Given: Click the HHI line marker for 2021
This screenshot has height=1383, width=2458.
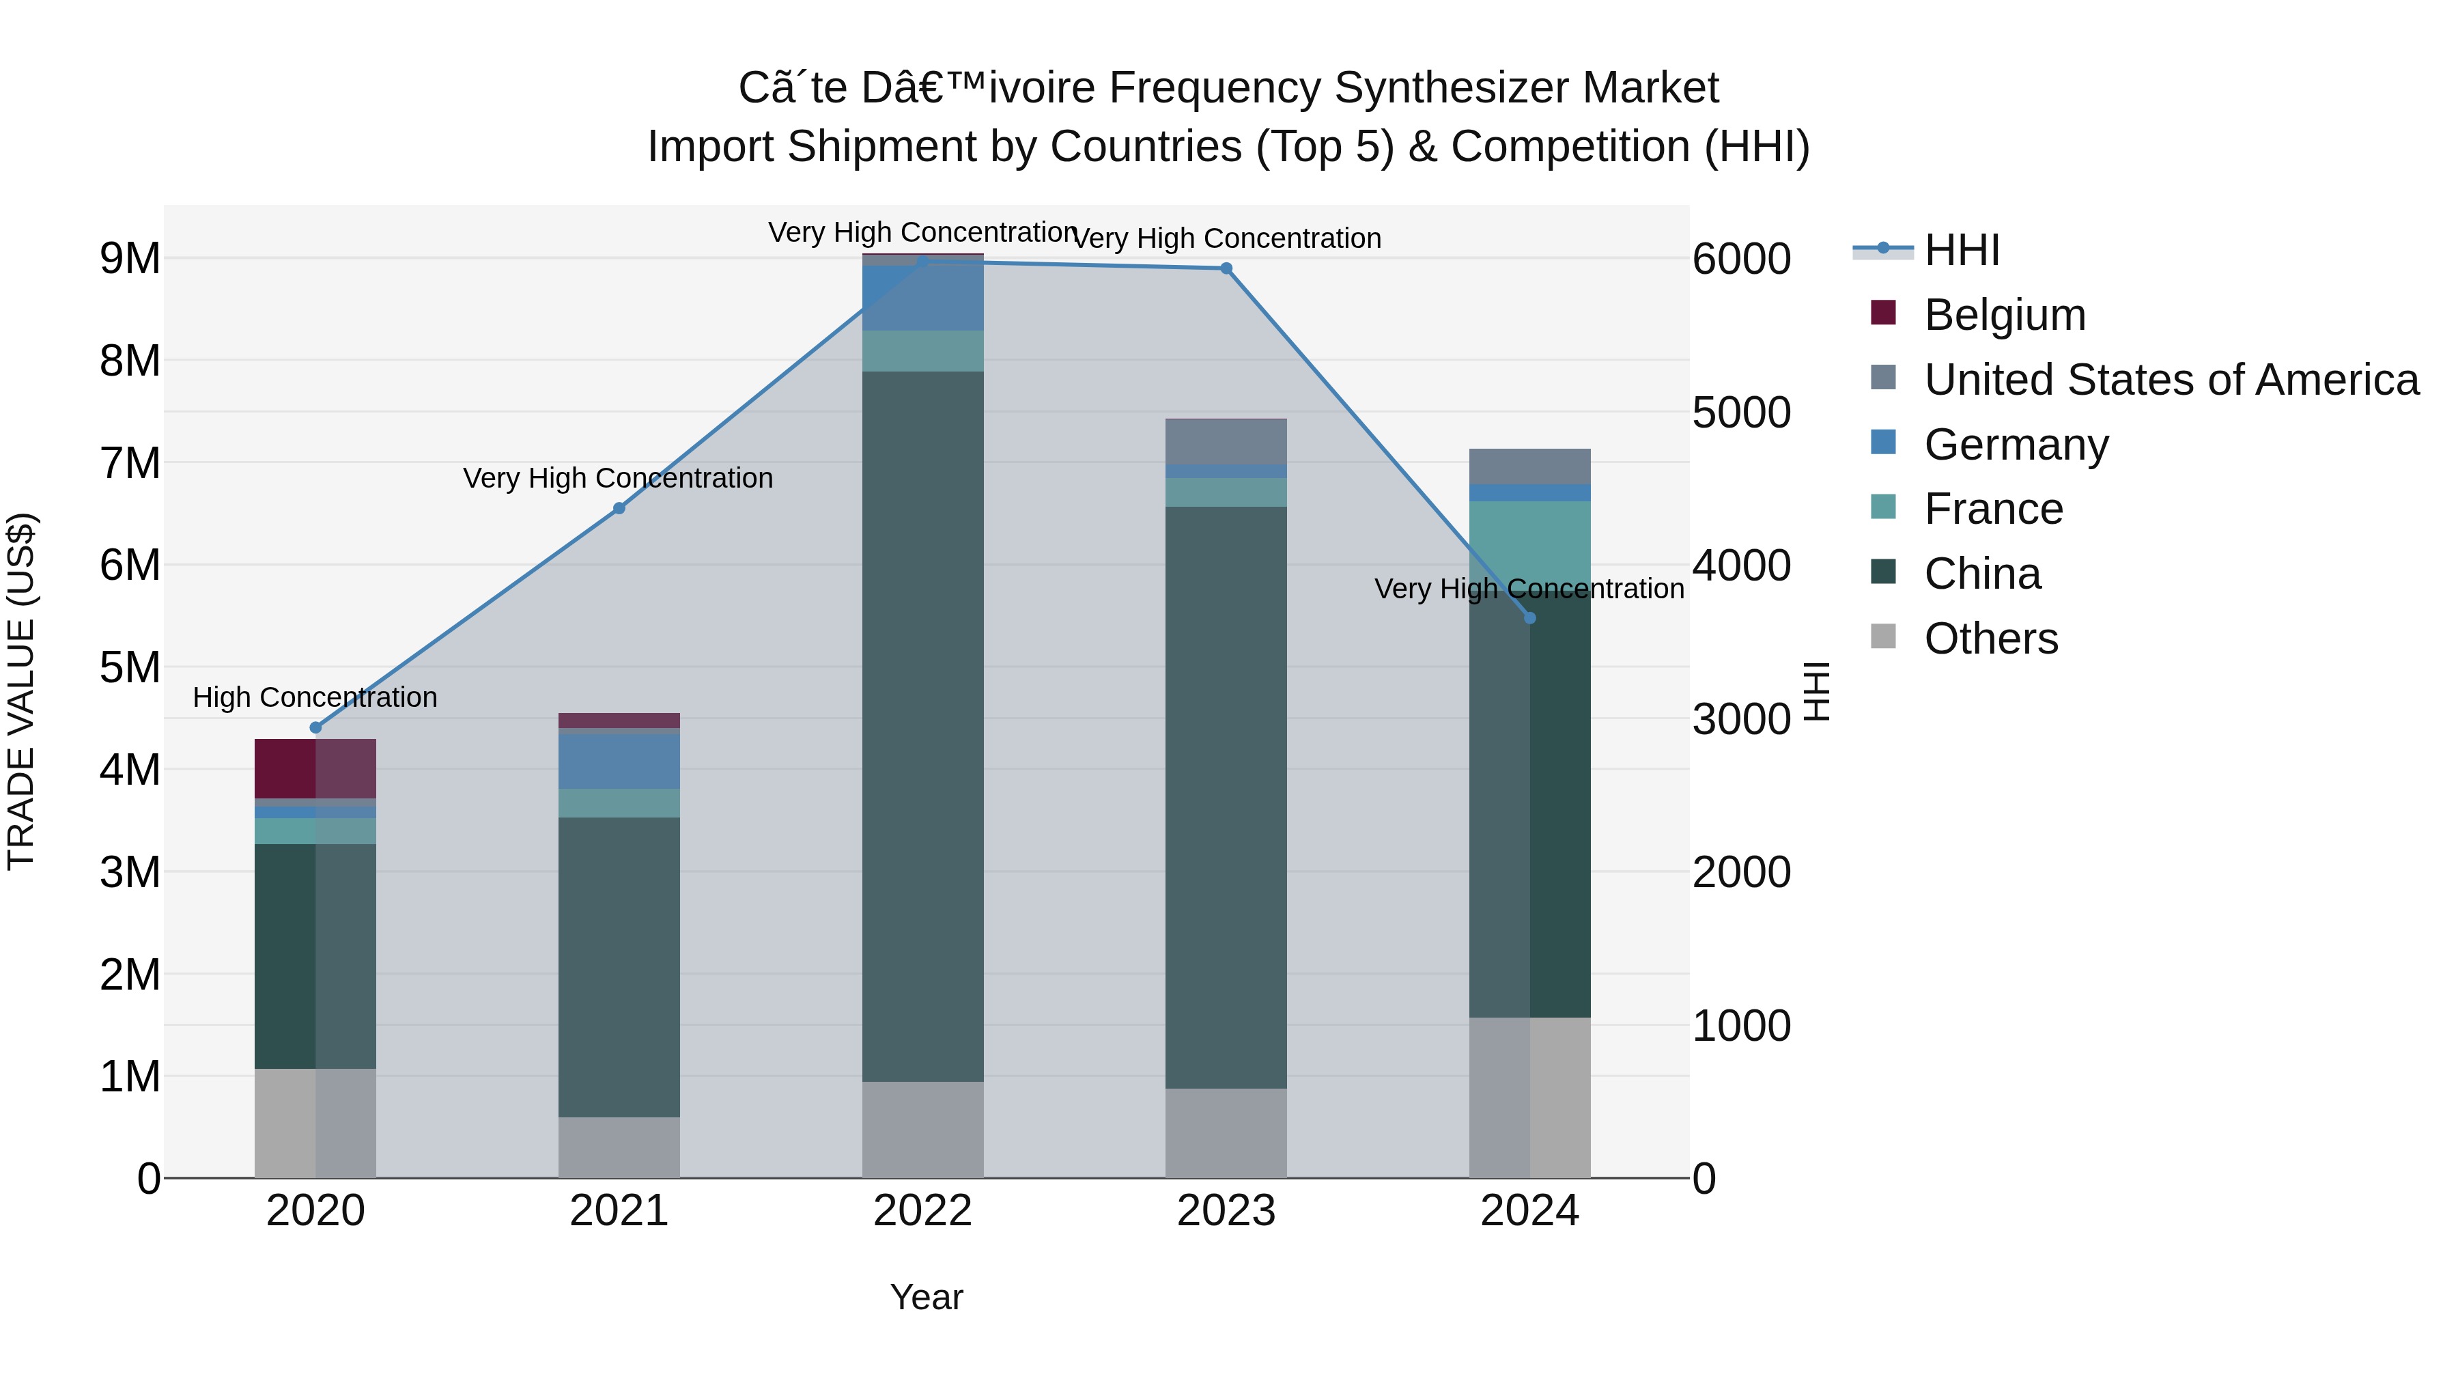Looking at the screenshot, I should coord(619,509).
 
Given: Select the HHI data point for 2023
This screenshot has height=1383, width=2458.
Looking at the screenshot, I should coord(1226,268).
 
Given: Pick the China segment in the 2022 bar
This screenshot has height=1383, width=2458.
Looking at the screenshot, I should coord(922,725).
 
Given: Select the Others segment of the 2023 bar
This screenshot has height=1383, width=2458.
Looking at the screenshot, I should coord(1226,1133).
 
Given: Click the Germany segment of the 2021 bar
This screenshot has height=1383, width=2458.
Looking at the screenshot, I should coord(619,761).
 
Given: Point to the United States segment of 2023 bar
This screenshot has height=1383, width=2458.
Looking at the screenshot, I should coord(1226,442).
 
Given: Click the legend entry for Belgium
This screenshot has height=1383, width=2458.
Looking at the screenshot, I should coord(2004,315).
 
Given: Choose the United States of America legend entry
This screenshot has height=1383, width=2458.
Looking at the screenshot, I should coord(2171,380).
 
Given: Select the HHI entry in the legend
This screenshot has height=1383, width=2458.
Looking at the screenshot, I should coord(1961,250).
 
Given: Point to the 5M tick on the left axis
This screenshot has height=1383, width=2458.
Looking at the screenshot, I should coord(130,667).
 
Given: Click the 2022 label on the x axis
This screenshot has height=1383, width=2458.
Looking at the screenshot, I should coord(922,1211).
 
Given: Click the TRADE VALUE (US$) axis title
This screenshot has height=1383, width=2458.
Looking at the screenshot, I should coord(21,692).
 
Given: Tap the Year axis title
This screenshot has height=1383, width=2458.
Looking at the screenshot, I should coord(926,1297).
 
